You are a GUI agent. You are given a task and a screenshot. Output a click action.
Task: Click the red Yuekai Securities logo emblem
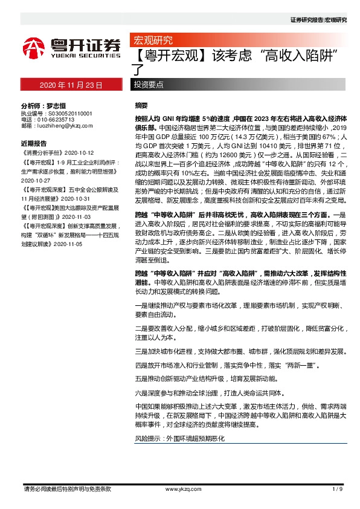click(x=34, y=47)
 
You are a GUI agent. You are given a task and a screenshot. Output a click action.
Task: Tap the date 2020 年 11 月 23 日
click(x=71, y=85)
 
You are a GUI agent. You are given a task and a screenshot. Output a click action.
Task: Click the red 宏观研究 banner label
click(x=152, y=41)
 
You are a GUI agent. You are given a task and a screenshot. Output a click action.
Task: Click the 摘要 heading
click(x=141, y=105)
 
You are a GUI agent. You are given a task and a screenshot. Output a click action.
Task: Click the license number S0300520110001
click(x=65, y=113)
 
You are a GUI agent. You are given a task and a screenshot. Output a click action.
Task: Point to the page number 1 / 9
click(x=337, y=488)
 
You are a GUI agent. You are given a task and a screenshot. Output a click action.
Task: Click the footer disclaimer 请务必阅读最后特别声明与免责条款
click(x=66, y=488)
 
